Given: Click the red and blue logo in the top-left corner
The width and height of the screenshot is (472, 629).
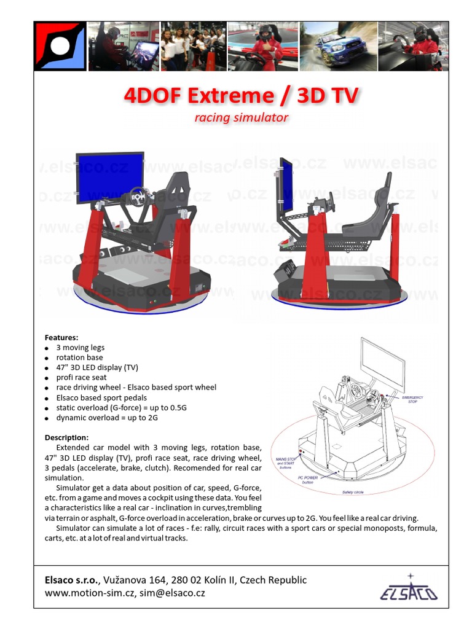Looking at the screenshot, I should pos(60,46).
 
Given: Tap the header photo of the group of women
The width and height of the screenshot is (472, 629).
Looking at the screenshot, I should pos(194,46).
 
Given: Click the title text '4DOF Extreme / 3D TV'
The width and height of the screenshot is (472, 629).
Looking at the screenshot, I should pos(242,96).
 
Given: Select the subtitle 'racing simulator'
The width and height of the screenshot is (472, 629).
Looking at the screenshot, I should pos(242,117).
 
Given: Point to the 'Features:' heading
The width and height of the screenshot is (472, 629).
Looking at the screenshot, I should pos(61,337).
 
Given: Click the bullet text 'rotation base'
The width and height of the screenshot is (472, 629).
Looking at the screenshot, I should pos(79,357).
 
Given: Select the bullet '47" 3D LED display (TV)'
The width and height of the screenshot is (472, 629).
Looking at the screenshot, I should pos(97,367).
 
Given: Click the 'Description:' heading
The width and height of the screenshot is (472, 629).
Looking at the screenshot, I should pos(66,437).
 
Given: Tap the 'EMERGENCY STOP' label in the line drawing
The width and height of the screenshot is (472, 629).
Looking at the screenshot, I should pos(413,399).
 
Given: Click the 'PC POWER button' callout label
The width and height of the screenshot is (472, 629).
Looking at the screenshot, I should pos(308,480).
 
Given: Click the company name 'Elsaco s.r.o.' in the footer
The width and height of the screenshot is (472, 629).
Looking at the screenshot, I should pos(73,580).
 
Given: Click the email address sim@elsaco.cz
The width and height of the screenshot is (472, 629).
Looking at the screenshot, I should pos(172,593).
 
